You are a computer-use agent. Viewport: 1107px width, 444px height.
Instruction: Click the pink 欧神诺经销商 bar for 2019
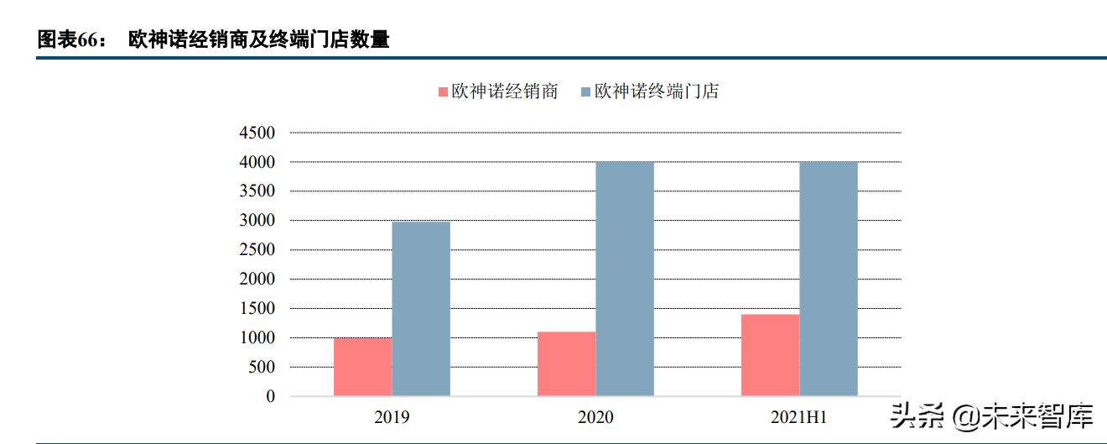point(362,367)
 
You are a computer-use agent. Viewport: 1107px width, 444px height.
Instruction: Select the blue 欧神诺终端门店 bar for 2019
point(421,309)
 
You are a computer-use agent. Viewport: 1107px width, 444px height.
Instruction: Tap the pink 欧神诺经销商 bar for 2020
point(566,363)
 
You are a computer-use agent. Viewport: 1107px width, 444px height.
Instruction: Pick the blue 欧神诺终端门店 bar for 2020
point(625,279)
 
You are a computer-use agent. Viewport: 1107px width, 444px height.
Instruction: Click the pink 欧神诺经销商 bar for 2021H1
point(770,355)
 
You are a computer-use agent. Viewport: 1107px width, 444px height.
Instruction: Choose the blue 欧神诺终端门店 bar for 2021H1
point(829,279)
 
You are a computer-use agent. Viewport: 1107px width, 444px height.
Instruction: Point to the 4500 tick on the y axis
point(257,133)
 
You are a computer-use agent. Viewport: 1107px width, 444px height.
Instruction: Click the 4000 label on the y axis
point(257,162)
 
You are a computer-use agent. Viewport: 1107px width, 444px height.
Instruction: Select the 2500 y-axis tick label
point(257,250)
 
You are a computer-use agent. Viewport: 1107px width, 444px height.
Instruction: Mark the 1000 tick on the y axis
point(257,338)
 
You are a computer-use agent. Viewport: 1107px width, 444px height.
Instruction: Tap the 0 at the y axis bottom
point(270,396)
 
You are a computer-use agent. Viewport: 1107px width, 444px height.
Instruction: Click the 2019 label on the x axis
point(392,417)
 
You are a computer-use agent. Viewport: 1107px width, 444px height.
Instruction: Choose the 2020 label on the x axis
point(595,417)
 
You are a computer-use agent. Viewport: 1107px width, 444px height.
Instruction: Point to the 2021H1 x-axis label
point(799,417)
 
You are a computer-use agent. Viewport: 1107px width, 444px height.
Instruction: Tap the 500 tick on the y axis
point(261,368)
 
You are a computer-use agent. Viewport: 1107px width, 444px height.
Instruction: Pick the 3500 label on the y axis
point(257,191)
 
